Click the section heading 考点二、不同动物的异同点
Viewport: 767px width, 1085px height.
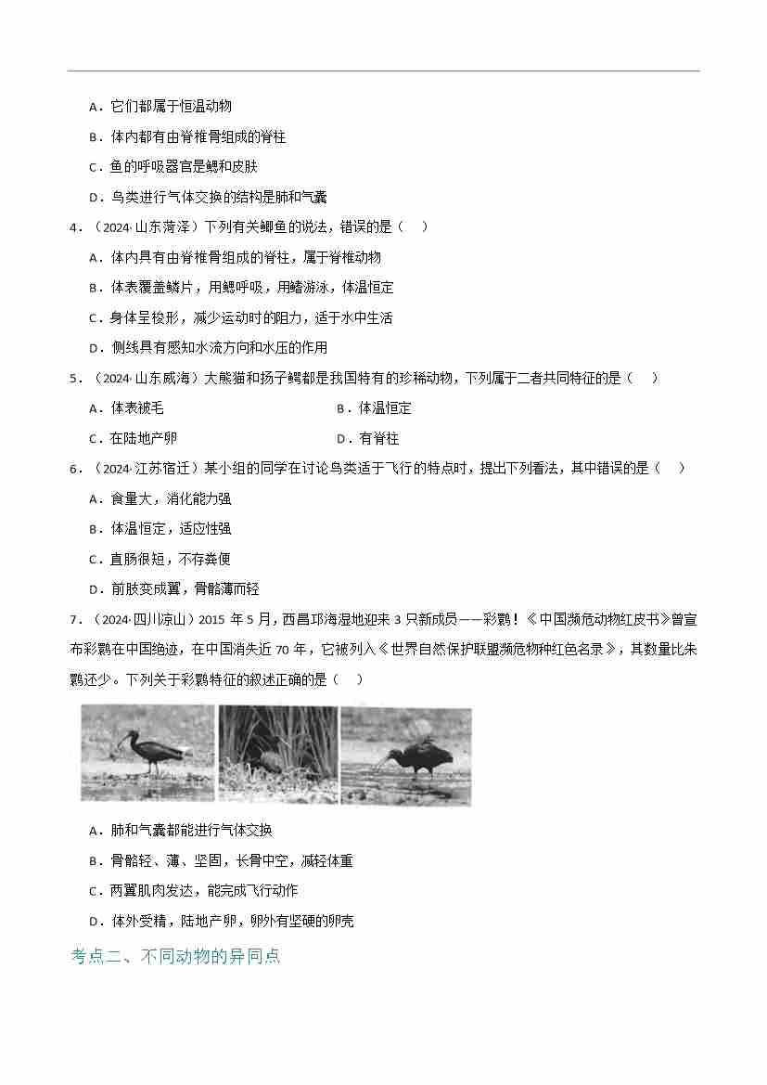175,955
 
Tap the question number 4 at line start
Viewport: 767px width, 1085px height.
73,227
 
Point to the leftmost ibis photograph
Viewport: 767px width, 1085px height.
147,752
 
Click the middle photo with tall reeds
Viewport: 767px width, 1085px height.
277,753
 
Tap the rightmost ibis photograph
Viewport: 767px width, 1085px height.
406,755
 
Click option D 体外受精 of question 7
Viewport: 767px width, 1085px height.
221,921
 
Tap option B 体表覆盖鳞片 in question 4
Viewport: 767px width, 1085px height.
240,288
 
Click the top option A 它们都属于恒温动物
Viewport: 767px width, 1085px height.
160,107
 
